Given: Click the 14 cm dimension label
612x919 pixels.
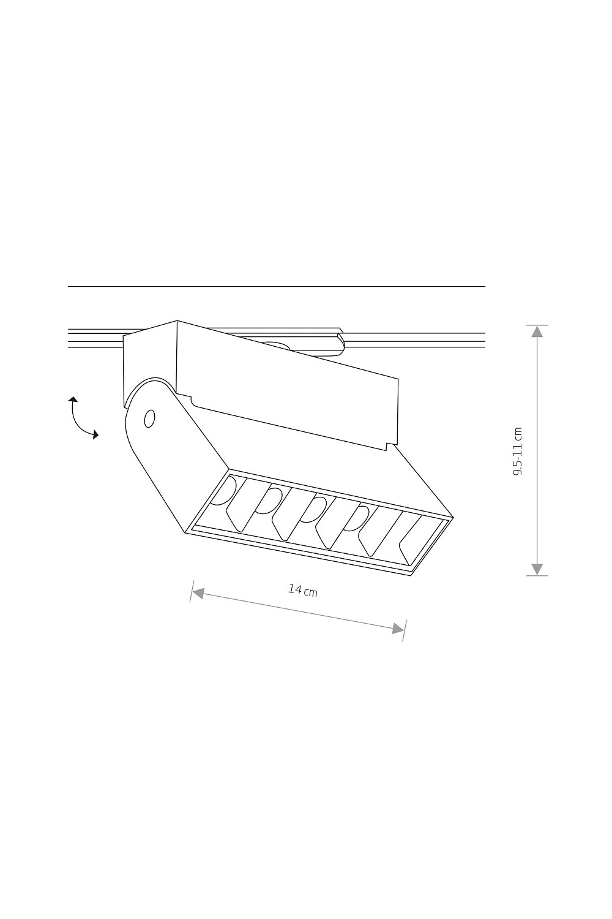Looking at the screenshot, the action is click(303, 591).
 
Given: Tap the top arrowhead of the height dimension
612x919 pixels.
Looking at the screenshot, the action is click(537, 331).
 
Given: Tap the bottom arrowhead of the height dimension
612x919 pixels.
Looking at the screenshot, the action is click(537, 569).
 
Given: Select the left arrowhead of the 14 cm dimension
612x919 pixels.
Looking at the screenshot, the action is click(198, 592).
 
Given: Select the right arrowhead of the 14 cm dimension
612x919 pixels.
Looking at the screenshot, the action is click(398, 628).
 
